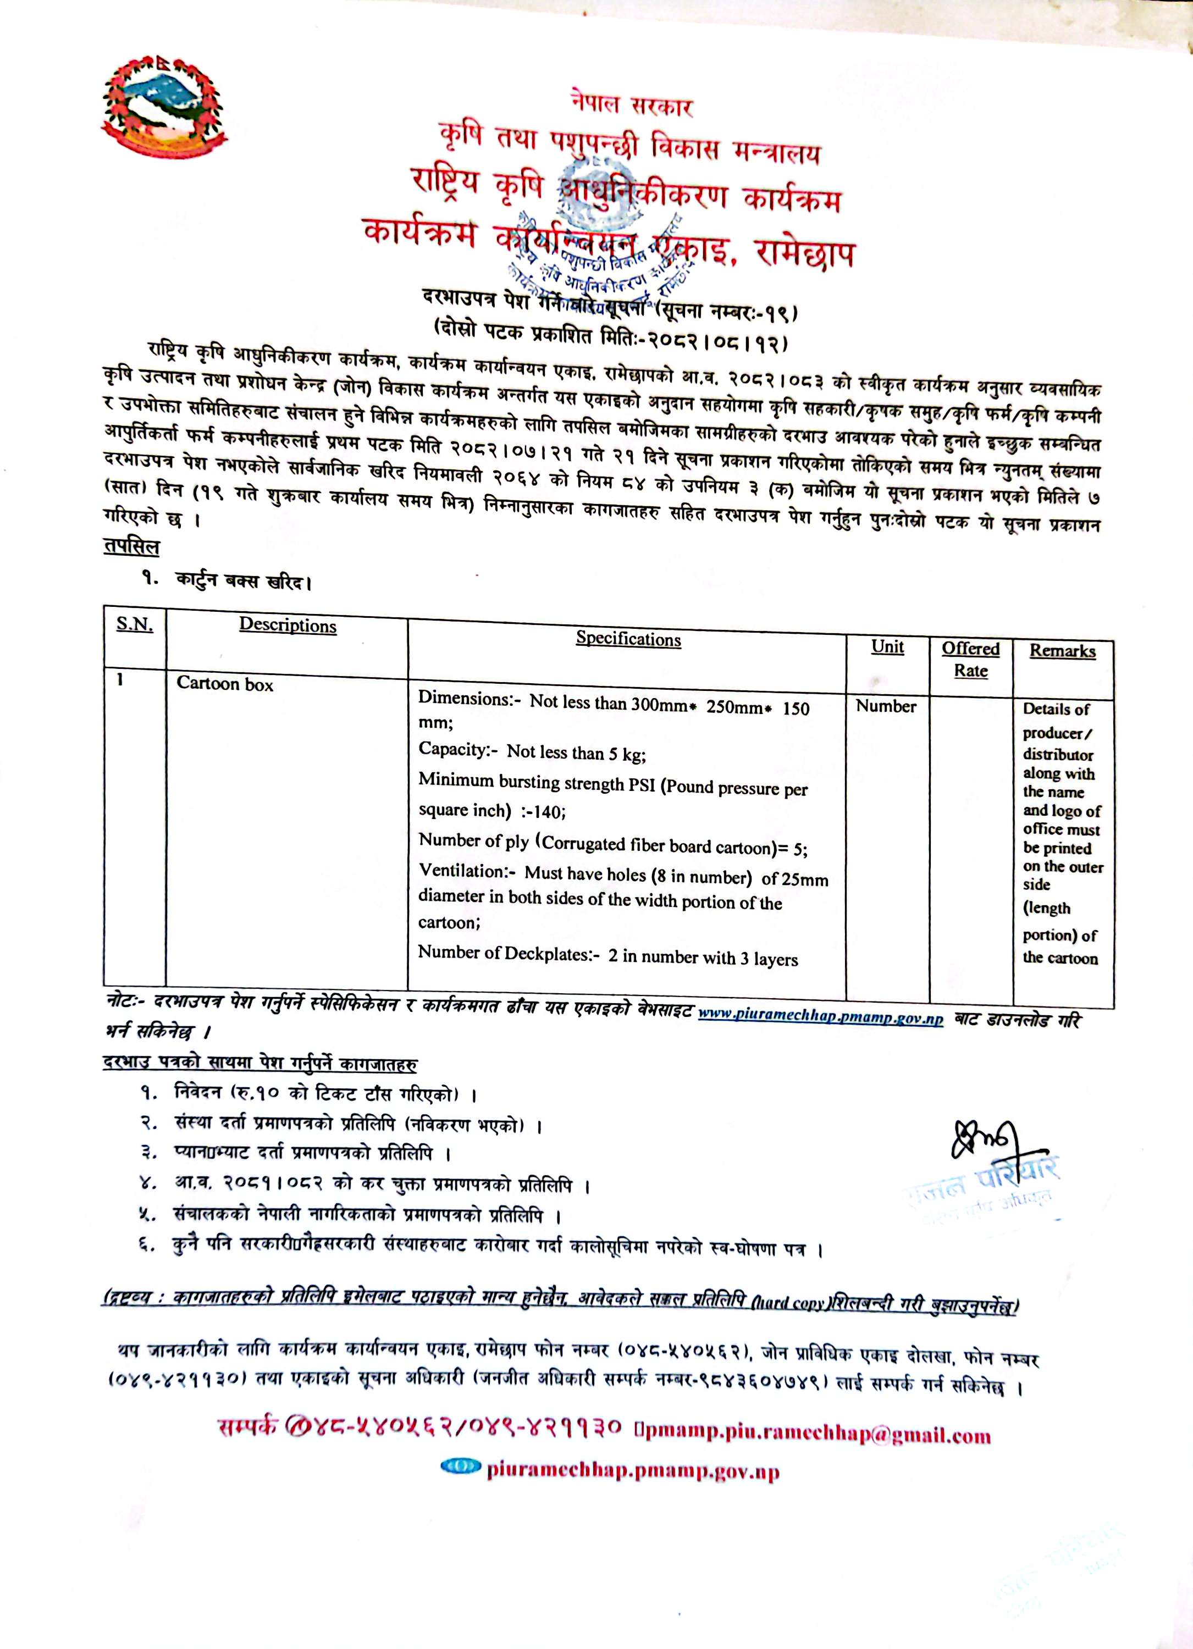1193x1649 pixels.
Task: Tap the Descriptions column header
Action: (x=288, y=626)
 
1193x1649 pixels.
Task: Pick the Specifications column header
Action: (x=628, y=639)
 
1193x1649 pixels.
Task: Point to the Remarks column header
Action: (x=1062, y=651)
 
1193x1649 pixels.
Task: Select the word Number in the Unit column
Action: (x=886, y=706)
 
